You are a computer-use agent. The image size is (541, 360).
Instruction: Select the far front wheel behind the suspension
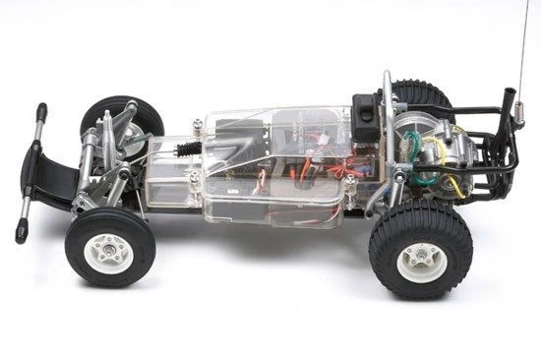tap(125, 117)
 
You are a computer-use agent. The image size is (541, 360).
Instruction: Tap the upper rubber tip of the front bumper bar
tap(41, 112)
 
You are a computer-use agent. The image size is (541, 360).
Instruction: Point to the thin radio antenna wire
tap(526, 49)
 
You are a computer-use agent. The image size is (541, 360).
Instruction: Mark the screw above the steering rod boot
tap(198, 124)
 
